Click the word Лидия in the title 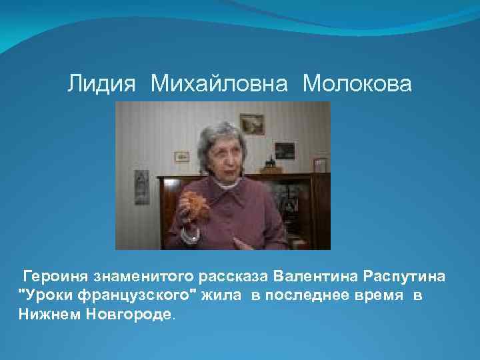click(x=101, y=84)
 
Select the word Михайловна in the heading click(x=219, y=84)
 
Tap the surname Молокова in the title click(x=357, y=84)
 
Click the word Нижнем click(x=49, y=314)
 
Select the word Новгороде click(x=129, y=314)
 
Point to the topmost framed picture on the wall click(x=251, y=123)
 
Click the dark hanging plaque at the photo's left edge click(x=141, y=186)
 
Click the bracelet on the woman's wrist click(x=193, y=235)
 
